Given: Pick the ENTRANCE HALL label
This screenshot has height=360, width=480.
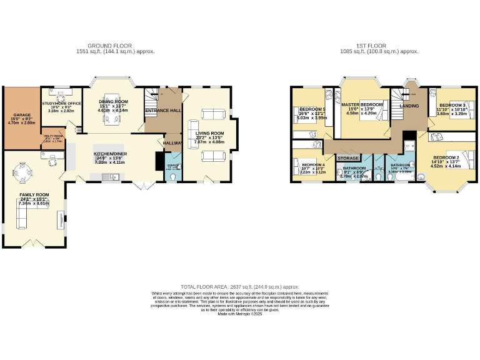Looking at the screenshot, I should click(163, 111).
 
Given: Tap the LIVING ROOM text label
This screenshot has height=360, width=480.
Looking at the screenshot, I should click(209, 133).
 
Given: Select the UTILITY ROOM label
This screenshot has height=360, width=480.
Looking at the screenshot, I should click(52, 135).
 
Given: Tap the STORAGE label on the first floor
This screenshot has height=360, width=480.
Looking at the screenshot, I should click(348, 159).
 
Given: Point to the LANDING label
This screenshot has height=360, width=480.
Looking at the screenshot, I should click(409, 106).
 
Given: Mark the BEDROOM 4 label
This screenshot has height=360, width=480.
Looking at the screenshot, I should click(313, 164).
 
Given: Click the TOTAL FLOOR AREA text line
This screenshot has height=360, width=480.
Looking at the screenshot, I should click(240, 285).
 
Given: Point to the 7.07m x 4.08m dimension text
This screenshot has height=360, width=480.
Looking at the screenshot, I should click(210, 142).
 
